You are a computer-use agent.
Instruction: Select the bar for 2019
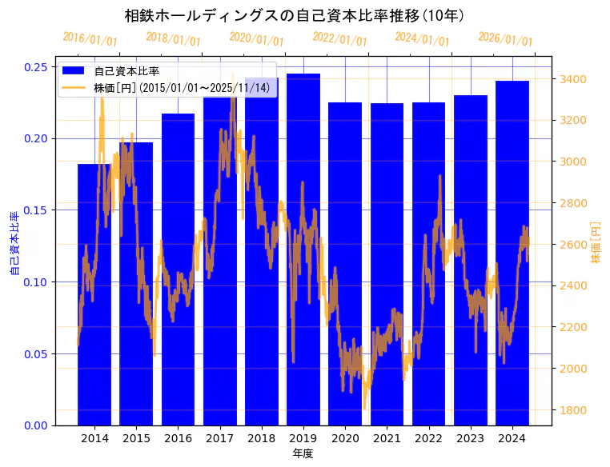click(x=303, y=256)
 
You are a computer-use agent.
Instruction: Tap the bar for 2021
click(x=387, y=264)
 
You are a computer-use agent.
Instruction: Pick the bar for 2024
click(x=512, y=256)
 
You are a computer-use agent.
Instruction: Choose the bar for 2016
click(x=178, y=272)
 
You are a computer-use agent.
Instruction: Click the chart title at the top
click(x=294, y=15)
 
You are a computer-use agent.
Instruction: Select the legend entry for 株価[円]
click(x=181, y=87)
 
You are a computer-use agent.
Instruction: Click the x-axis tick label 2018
click(x=262, y=438)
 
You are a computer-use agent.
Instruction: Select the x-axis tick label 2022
click(x=428, y=438)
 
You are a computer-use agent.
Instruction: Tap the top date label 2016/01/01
click(x=90, y=39)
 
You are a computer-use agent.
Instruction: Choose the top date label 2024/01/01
click(x=423, y=39)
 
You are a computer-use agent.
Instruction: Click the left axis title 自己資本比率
click(x=14, y=244)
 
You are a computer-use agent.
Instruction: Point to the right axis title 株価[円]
click(x=596, y=244)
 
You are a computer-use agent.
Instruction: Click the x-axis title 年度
click(x=303, y=453)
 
